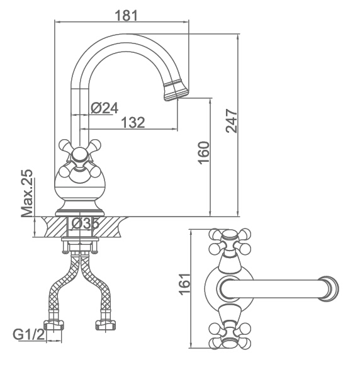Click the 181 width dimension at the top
[126, 16]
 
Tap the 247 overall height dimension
[232, 121]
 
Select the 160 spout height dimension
[204, 153]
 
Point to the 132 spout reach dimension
[133, 122]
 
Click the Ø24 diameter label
[104, 108]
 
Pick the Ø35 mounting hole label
[85, 223]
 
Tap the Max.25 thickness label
[27, 193]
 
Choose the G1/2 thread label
[29, 335]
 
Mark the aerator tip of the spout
[176, 91]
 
